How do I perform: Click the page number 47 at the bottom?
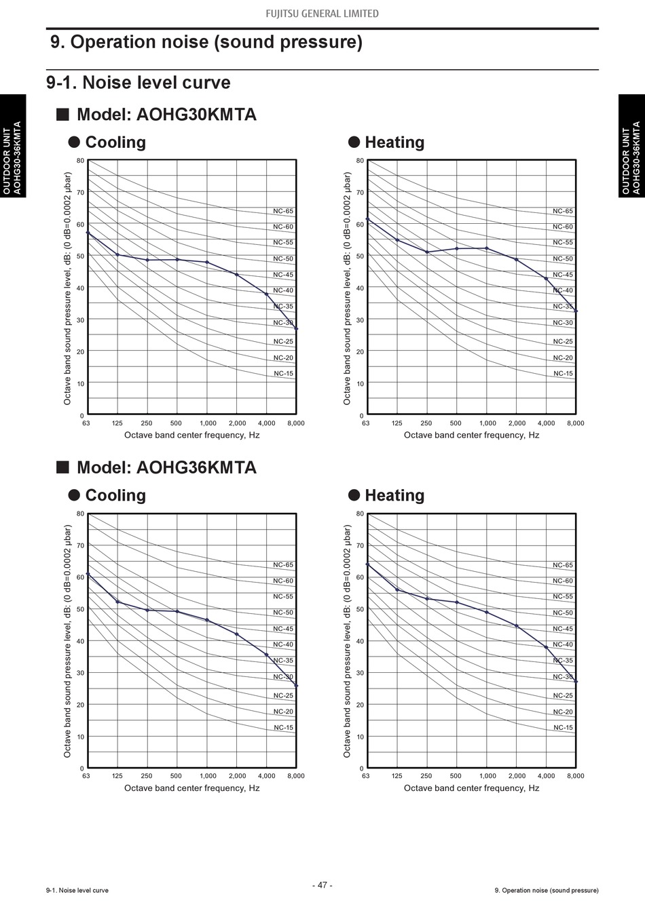click(322, 885)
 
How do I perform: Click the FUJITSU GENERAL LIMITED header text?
click(322, 14)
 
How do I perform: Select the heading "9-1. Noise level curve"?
click(139, 83)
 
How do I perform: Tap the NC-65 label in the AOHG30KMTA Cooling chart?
click(283, 211)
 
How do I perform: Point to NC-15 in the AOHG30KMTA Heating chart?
click(563, 373)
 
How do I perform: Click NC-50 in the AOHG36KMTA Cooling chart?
click(283, 613)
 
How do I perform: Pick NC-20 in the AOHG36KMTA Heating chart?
click(563, 712)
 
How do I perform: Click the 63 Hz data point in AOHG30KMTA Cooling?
click(88, 233)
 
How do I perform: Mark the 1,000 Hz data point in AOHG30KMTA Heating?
click(487, 248)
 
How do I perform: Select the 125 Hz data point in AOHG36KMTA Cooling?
click(117, 602)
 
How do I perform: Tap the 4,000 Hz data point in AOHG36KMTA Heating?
click(546, 647)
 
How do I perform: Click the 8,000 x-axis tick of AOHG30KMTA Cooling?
click(296, 423)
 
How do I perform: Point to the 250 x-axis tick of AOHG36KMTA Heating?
click(426, 776)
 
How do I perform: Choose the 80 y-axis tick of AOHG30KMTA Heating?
click(360, 161)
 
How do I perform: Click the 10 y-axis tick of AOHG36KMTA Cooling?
click(81, 737)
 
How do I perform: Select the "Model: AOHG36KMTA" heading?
click(166, 467)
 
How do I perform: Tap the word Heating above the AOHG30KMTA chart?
click(394, 142)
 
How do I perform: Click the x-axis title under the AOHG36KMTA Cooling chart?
click(191, 788)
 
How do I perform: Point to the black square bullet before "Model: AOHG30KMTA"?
click(62, 114)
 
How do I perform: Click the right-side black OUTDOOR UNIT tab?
click(631, 145)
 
